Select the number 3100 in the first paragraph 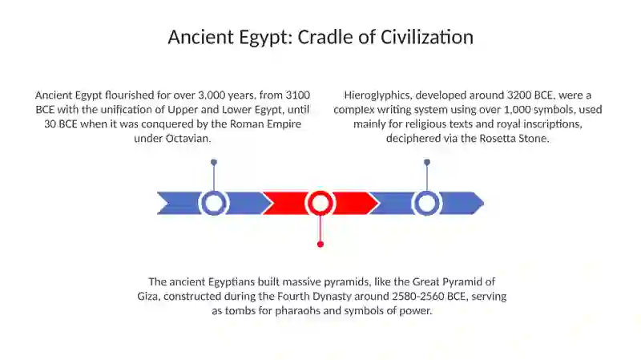297,95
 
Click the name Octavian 188,138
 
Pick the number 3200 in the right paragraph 519,95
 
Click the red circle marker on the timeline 320,203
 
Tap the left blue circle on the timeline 213,203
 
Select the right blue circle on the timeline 427,203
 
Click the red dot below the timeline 320,245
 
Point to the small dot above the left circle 214,163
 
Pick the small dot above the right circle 427,163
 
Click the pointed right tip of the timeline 484,203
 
